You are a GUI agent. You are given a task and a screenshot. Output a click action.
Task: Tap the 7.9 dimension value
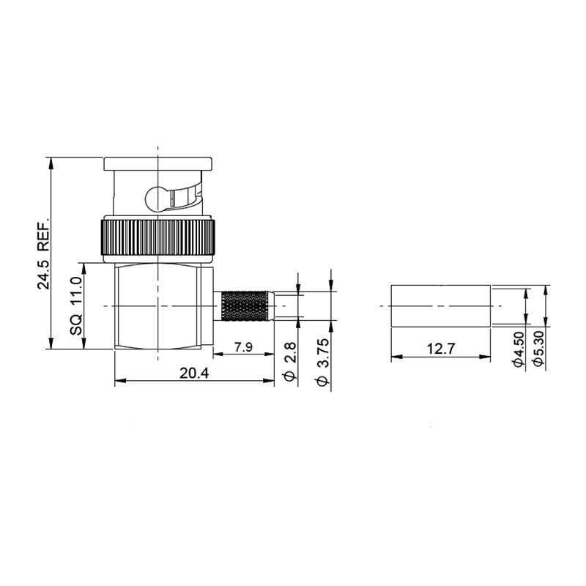[244, 347]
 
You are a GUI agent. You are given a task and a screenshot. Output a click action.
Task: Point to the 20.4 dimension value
[194, 373]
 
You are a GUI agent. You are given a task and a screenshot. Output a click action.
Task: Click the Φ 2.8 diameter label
[290, 361]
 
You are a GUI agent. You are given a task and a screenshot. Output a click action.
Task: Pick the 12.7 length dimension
[441, 349]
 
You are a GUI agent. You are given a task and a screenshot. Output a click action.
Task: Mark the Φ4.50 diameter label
[519, 349]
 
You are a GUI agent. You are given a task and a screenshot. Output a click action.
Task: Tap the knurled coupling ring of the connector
[157, 237]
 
